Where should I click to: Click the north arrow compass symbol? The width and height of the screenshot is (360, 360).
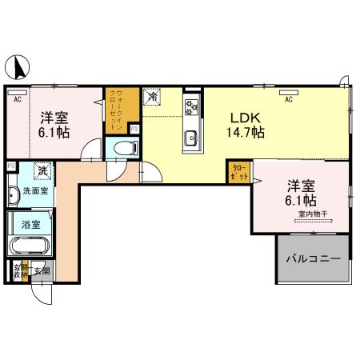pos(16,65)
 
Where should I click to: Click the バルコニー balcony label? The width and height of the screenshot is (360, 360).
pos(314,260)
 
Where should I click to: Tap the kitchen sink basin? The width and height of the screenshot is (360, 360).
pos(191,139)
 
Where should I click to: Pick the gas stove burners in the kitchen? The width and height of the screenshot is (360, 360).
pos(191,106)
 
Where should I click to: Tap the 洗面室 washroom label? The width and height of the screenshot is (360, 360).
pos(34,191)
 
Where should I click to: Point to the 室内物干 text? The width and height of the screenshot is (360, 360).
pos(313,214)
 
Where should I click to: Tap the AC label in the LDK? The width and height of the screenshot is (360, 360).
pos(289,100)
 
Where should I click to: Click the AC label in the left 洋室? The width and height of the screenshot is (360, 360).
pos(17,98)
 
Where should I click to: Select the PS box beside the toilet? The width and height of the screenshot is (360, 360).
pos(134,129)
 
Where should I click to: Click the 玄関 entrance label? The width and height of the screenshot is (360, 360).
pos(42,270)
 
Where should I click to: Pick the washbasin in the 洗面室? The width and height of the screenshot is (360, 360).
pos(14,194)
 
